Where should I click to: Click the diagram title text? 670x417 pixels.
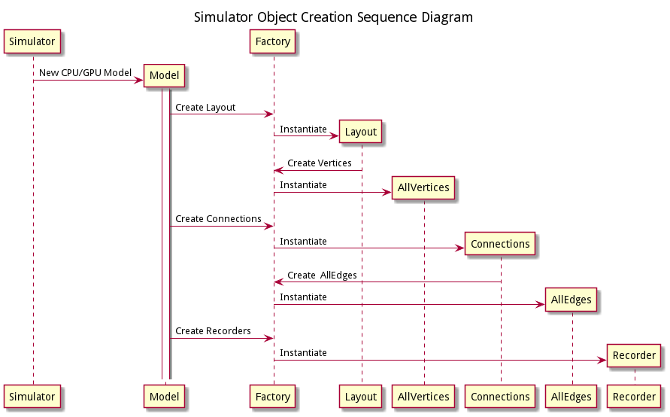(x=333, y=17)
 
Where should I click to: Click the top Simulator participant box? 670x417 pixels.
(x=32, y=41)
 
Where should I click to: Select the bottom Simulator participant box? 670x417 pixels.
(x=32, y=397)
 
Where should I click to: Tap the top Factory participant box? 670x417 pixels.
(x=273, y=41)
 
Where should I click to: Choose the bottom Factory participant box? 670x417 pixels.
(x=273, y=397)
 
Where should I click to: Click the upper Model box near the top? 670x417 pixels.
(x=164, y=75)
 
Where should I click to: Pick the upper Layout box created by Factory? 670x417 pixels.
(x=360, y=132)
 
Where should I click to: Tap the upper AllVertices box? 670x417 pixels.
(x=423, y=187)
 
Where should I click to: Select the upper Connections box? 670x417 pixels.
(x=500, y=244)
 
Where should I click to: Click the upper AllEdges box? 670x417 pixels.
(x=571, y=300)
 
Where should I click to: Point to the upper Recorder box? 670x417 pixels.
(x=635, y=355)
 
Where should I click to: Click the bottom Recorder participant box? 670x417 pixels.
(x=635, y=397)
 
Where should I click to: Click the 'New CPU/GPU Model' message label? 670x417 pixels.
(x=85, y=72)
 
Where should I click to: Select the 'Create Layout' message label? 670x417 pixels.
(x=205, y=108)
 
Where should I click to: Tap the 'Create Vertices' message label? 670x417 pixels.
(x=319, y=163)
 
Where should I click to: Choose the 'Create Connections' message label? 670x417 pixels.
(x=218, y=219)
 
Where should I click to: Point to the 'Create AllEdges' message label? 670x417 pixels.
(x=322, y=275)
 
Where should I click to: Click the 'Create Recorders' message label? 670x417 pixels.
(x=213, y=331)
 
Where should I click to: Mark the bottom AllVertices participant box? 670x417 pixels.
(x=423, y=397)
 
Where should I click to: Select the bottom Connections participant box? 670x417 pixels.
(x=500, y=397)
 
